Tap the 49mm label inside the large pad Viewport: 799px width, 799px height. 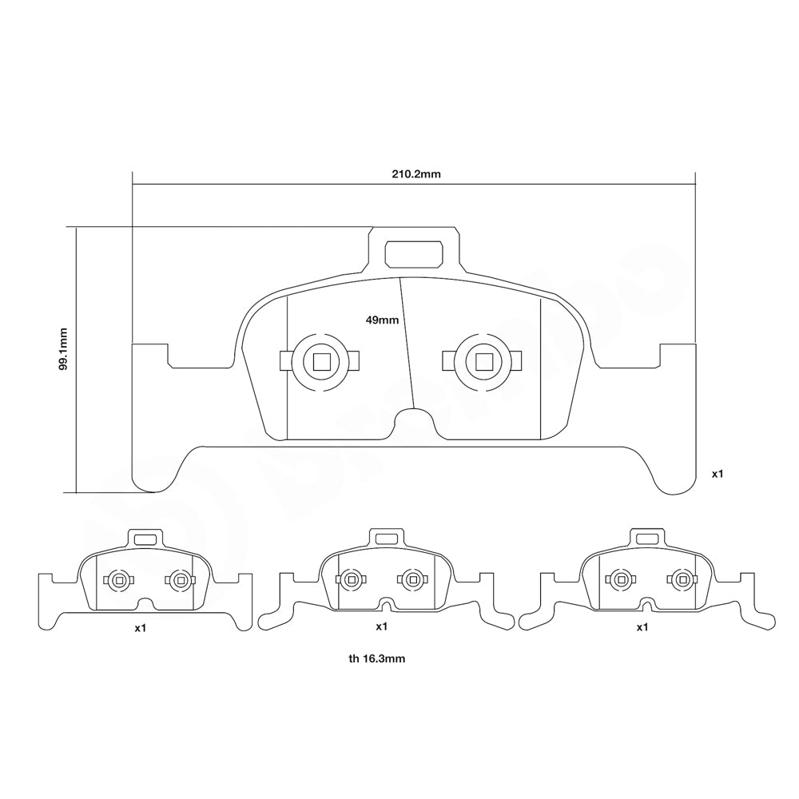(x=381, y=320)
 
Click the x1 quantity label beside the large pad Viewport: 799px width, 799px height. (x=718, y=474)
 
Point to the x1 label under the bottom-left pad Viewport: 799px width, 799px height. (x=141, y=628)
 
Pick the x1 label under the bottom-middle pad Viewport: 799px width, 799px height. (x=381, y=626)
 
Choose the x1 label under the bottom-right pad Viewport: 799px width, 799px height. (x=642, y=627)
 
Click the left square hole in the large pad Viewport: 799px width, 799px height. (x=322, y=362)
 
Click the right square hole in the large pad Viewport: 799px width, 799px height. (x=484, y=362)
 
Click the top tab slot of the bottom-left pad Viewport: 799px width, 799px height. (x=145, y=540)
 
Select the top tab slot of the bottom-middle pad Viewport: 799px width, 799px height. (x=385, y=539)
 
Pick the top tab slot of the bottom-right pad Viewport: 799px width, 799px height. (x=648, y=539)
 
